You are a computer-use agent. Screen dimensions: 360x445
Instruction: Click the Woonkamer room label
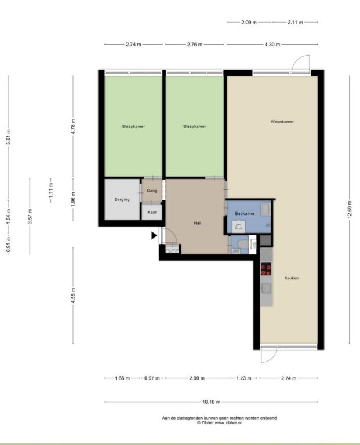point(282,122)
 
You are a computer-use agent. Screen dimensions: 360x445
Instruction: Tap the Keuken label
point(291,278)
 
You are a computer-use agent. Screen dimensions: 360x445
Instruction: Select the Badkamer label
point(245,213)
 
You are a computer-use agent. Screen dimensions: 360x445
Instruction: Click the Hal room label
point(197,223)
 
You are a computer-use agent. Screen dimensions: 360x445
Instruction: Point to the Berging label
point(122,199)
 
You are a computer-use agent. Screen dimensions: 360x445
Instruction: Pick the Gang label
point(152,191)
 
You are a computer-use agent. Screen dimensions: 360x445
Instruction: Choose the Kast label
point(152,212)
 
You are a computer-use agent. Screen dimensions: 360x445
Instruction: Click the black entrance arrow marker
point(154,235)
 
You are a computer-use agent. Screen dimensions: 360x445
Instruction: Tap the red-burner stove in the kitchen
point(266,269)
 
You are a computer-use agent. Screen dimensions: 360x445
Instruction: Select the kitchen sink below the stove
point(266,289)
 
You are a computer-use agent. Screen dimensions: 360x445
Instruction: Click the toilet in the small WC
point(242,244)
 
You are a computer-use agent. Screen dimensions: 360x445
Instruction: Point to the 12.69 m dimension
point(349,209)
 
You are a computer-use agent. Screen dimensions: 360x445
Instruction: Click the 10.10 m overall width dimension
point(211,402)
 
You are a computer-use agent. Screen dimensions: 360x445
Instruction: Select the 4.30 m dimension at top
point(272,44)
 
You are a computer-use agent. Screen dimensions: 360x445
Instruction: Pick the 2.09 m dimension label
point(249,22)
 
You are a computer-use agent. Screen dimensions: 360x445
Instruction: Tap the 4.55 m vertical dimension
point(73,296)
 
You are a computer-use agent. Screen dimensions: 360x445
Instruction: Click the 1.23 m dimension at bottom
point(243,378)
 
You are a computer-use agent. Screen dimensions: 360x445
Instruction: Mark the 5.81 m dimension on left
point(8,137)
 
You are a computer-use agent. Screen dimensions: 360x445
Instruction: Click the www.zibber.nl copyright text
point(220,422)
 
